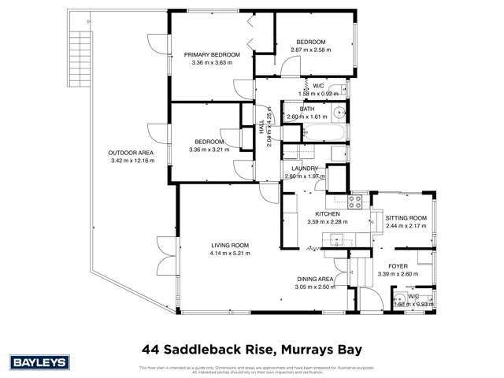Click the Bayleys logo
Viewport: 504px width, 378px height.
coord(37,361)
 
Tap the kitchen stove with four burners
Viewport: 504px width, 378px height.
coord(354,202)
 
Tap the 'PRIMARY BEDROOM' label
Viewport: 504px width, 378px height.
coord(212,54)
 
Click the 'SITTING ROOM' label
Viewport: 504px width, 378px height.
coord(406,217)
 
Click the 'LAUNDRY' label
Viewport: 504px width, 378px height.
coord(304,169)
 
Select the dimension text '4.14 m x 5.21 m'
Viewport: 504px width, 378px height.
coord(230,254)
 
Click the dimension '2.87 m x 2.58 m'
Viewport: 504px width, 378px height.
coord(311,49)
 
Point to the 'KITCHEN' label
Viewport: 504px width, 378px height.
coord(327,213)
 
